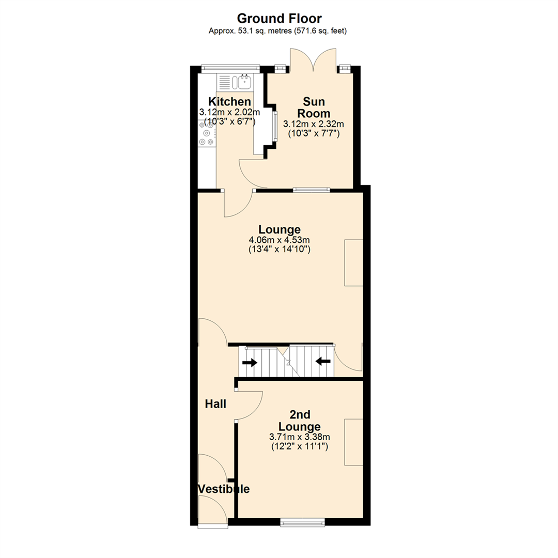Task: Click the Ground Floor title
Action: (279, 18)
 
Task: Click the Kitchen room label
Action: (229, 101)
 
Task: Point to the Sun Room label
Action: (314, 107)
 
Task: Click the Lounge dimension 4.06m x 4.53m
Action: (280, 240)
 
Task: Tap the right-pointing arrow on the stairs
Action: (250, 363)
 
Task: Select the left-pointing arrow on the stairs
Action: (323, 362)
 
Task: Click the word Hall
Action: (215, 404)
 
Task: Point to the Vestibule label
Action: (224, 489)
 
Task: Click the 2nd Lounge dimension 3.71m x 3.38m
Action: (300, 437)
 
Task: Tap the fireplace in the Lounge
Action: (354, 262)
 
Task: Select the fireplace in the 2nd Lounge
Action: (354, 442)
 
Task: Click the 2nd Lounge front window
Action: (303, 522)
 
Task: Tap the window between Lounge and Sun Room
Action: (312, 190)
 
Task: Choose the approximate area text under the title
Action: (277, 31)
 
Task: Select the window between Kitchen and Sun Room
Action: (274, 126)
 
